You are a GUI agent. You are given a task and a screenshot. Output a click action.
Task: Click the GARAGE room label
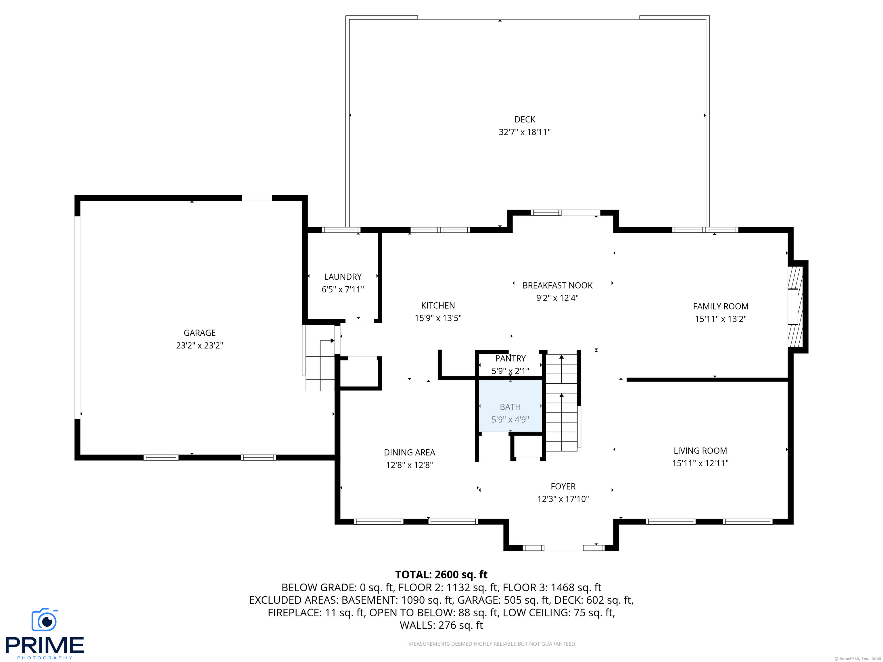point(199,333)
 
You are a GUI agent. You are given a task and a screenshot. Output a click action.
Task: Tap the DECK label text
point(525,119)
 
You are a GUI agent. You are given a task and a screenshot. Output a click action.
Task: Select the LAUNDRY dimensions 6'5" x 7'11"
point(343,289)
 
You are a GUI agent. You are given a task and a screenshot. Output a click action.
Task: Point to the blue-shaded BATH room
point(510,405)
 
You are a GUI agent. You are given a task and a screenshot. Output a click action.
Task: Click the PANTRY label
point(510,358)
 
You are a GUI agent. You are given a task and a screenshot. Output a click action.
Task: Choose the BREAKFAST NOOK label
point(557,285)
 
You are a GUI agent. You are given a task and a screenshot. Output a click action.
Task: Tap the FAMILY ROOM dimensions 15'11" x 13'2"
point(721,319)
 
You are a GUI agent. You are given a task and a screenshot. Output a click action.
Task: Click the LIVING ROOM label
point(700,451)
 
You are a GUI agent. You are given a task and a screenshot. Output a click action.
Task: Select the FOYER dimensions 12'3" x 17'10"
point(563,499)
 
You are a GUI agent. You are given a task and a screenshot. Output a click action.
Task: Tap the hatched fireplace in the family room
point(795,307)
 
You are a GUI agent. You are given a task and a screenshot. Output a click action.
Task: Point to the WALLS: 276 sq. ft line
point(441,625)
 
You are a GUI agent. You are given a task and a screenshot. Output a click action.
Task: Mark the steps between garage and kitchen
point(320,365)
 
